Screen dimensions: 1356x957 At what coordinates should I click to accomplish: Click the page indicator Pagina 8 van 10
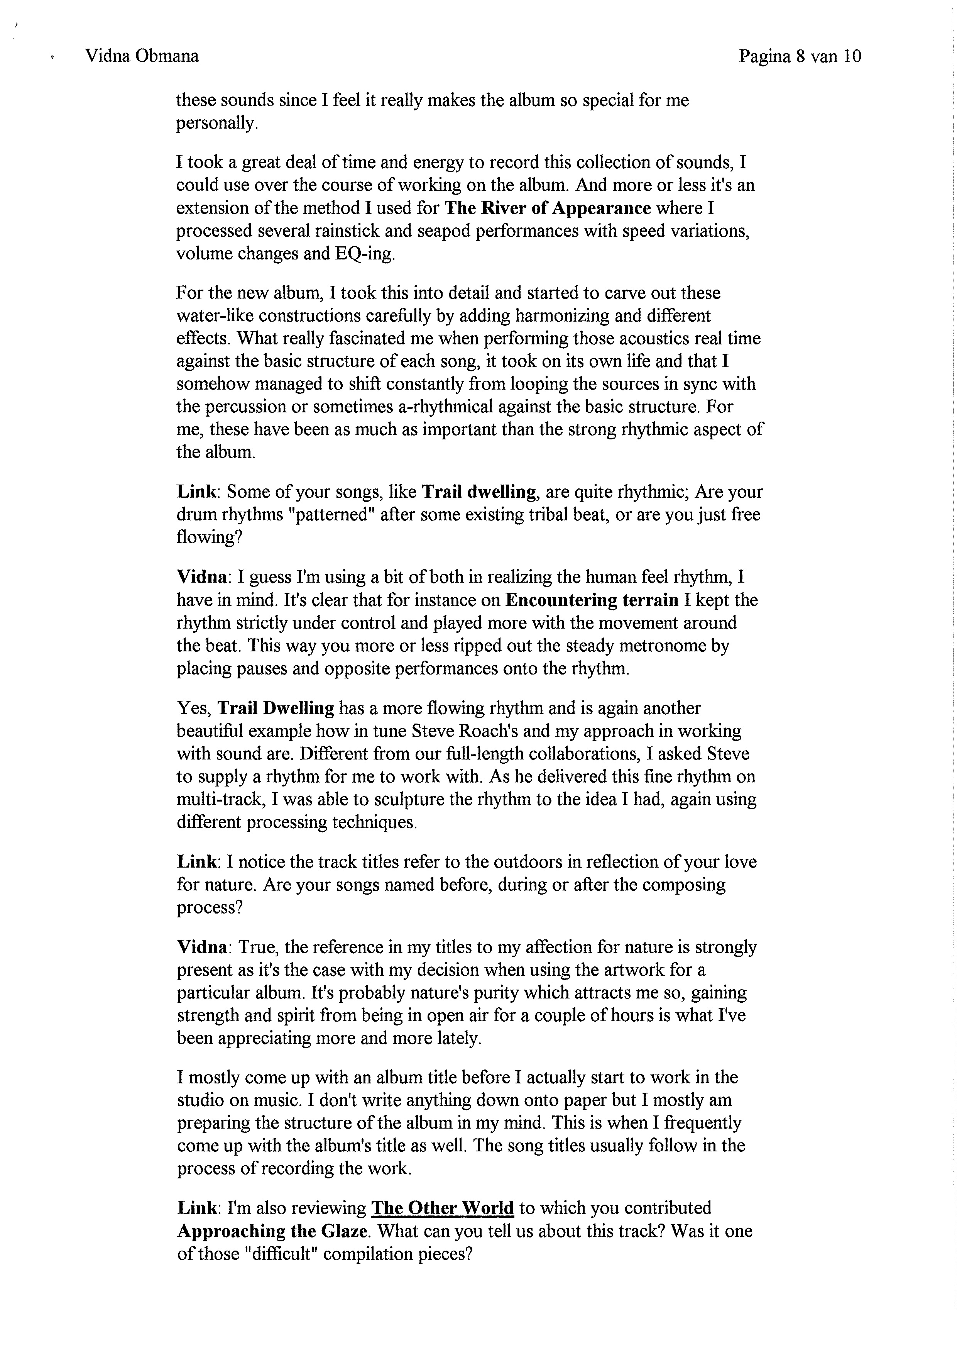(800, 56)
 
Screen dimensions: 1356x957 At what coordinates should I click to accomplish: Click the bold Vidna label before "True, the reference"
(202, 948)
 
